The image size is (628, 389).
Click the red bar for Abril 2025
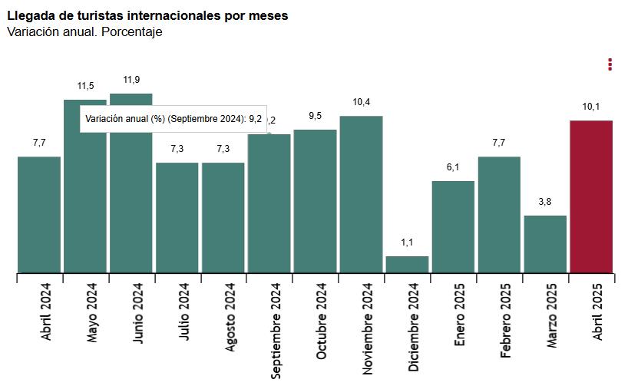[x=591, y=196]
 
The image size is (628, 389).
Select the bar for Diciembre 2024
[x=407, y=264]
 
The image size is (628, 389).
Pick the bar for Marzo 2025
[x=545, y=243]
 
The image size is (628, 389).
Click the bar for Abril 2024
[x=39, y=214]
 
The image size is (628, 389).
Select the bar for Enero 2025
[x=453, y=226]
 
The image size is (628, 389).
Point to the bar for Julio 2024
[x=177, y=217]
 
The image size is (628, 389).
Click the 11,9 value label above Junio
[x=131, y=80]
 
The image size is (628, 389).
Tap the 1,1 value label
[x=407, y=242]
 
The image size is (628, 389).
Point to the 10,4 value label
[x=361, y=102]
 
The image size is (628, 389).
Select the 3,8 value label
[x=545, y=202]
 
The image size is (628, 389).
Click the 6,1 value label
[x=453, y=167]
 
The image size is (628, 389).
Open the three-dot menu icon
[x=610, y=64]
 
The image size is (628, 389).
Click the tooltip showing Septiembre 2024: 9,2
[x=174, y=119]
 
